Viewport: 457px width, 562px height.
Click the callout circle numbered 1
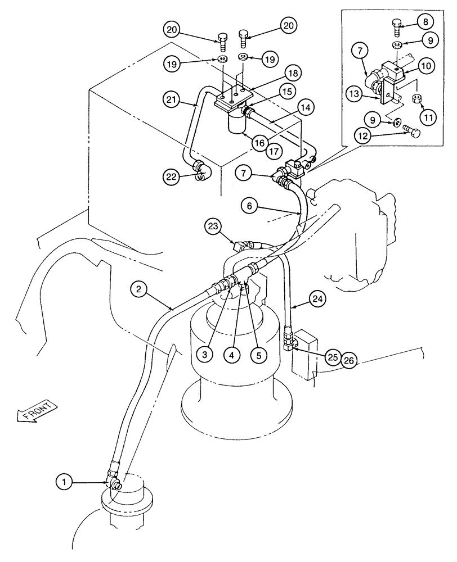(65, 481)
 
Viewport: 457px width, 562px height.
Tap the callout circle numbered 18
(292, 74)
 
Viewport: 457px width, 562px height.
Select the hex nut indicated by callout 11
(418, 100)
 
